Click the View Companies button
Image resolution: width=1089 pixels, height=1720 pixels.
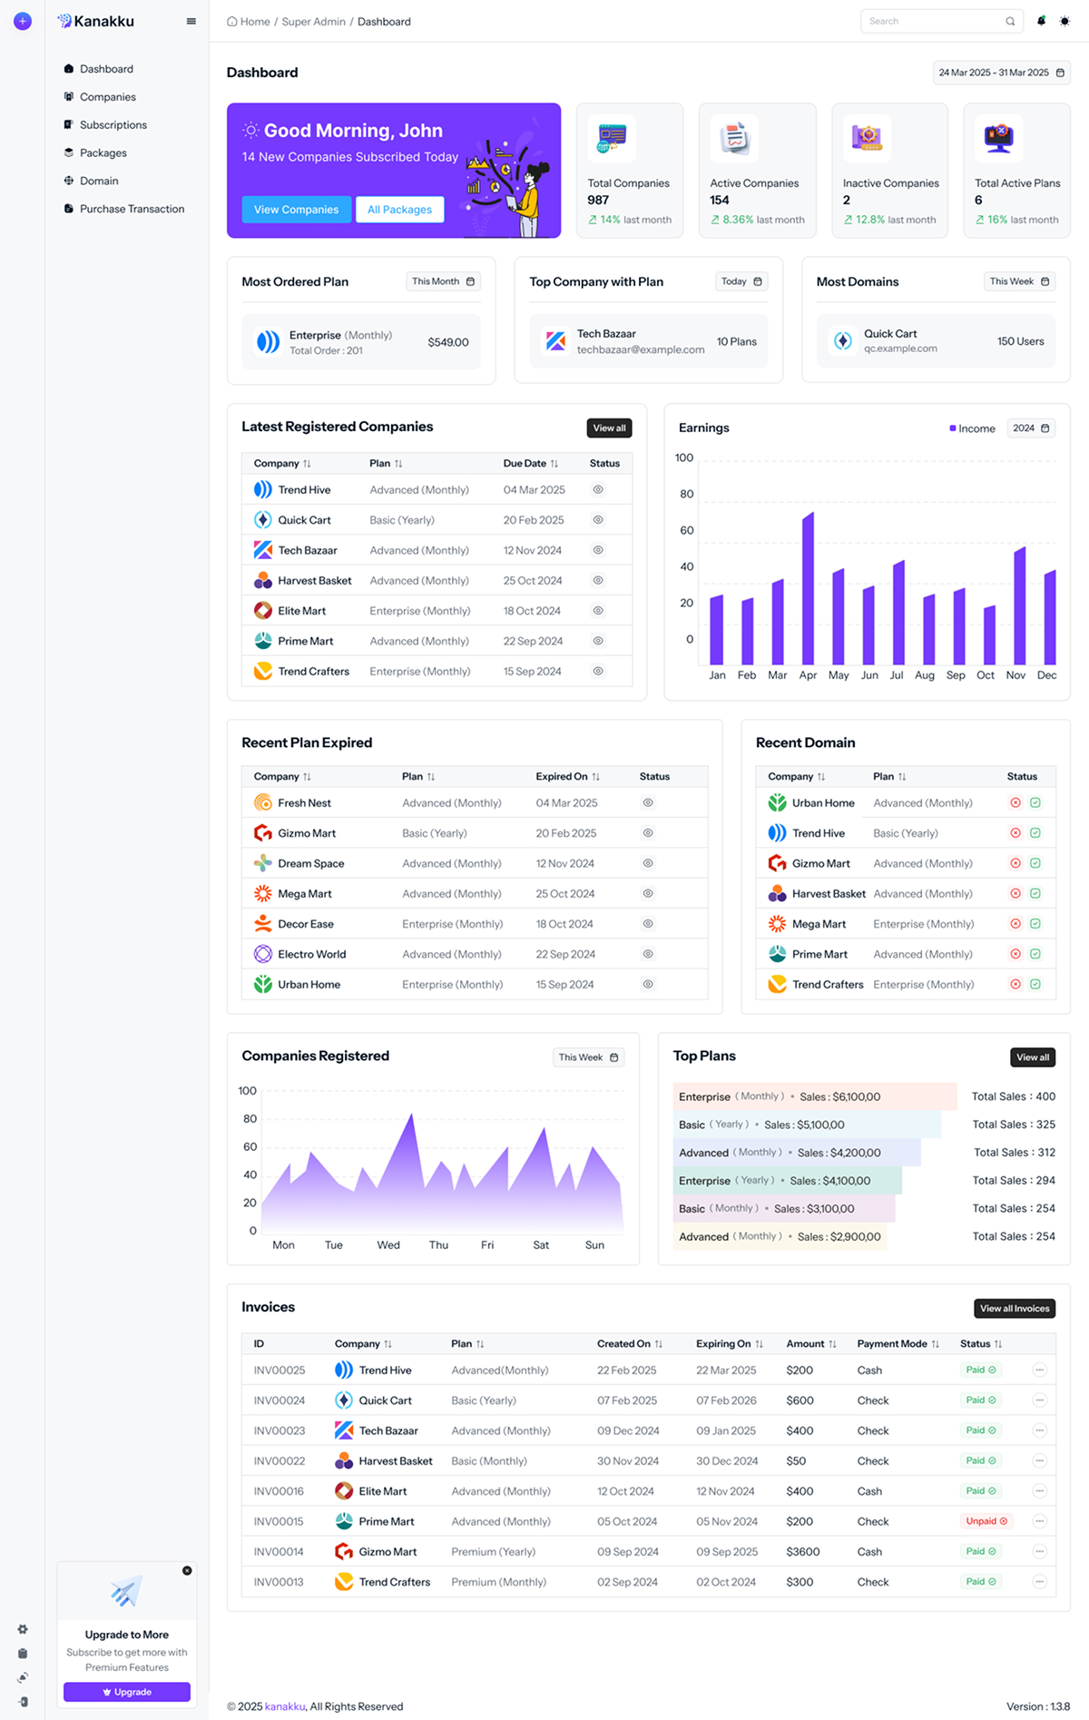click(296, 210)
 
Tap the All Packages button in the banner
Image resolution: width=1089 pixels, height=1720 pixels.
click(399, 210)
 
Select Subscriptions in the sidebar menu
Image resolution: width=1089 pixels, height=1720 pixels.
click(113, 125)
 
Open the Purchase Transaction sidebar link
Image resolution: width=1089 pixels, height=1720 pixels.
click(132, 209)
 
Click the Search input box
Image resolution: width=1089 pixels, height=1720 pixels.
click(935, 22)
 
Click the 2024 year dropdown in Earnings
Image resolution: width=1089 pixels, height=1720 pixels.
click(1031, 428)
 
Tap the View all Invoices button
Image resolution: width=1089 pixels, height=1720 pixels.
click(1014, 1309)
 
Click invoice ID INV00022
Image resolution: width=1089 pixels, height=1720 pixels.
click(280, 1461)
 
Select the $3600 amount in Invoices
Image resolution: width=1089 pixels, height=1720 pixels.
click(802, 1552)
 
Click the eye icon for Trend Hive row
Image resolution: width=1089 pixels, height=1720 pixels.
click(598, 490)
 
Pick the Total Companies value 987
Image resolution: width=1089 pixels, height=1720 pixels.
click(598, 201)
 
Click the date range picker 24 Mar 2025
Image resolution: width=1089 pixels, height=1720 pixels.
click(1001, 73)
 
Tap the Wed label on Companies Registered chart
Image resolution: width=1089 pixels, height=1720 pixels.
click(388, 1245)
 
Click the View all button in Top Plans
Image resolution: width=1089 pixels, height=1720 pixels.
click(1032, 1057)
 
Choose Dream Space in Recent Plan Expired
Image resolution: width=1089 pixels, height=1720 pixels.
click(310, 864)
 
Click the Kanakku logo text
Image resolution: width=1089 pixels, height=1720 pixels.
click(103, 21)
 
